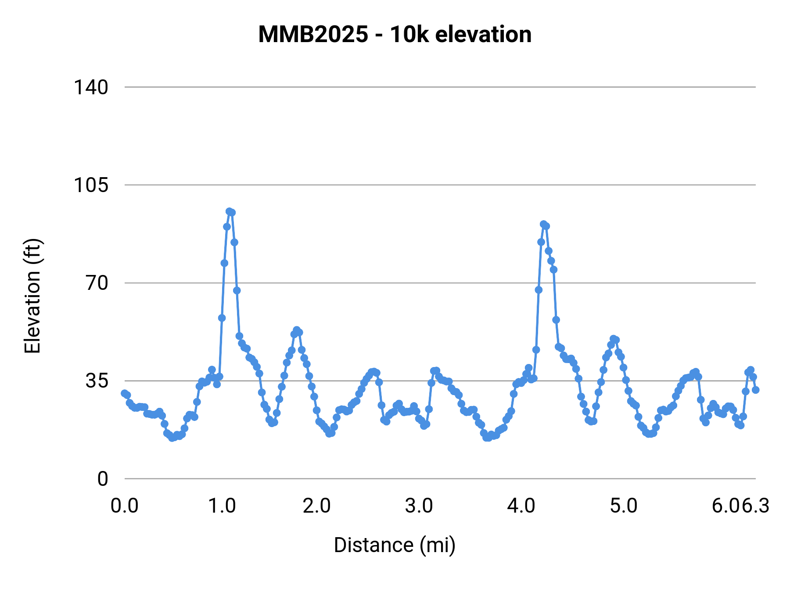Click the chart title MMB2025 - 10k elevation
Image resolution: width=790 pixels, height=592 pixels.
[x=395, y=34]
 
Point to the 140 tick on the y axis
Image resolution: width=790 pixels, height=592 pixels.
[x=90, y=87]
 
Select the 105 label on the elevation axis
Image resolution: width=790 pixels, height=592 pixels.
[x=90, y=185]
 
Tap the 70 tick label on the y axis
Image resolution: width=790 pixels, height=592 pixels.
[x=97, y=283]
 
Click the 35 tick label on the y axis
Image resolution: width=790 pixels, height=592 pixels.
[x=97, y=381]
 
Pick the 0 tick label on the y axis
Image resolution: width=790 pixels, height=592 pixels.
[x=102, y=479]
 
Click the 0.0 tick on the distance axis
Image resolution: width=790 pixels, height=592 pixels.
[x=125, y=506]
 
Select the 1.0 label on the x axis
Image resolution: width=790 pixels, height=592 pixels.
[x=222, y=506]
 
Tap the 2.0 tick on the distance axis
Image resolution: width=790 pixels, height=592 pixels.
[x=317, y=506]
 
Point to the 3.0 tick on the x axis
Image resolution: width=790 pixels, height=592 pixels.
[x=419, y=506]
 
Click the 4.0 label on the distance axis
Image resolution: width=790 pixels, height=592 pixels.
[x=521, y=506]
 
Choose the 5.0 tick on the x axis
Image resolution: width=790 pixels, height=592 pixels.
[x=624, y=506]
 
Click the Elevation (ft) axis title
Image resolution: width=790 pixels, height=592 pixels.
[x=32, y=296]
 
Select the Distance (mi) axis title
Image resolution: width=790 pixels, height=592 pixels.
[x=395, y=545]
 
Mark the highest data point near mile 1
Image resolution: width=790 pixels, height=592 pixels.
[x=229, y=211]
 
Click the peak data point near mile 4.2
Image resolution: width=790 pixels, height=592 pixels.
[x=543, y=224]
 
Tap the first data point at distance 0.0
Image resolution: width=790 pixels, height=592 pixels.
[x=125, y=393]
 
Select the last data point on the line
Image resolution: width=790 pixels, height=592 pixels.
[x=755, y=390]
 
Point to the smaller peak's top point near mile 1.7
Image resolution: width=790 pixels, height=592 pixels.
[x=296, y=330]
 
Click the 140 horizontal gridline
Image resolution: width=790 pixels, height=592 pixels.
[x=439, y=87]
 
